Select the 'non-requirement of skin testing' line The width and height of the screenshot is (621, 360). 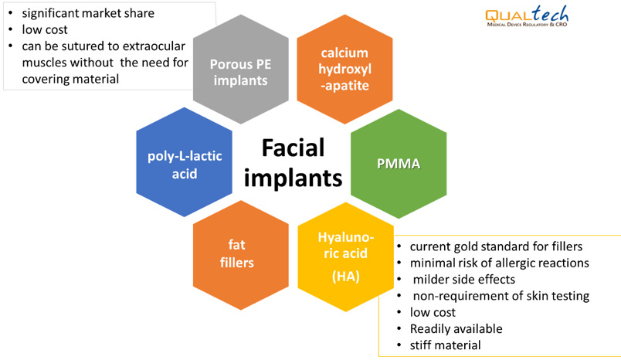(501, 295)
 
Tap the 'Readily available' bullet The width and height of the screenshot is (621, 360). (456, 328)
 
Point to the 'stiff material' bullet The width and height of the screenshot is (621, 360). (445, 345)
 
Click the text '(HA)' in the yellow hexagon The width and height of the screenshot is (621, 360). (344, 277)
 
